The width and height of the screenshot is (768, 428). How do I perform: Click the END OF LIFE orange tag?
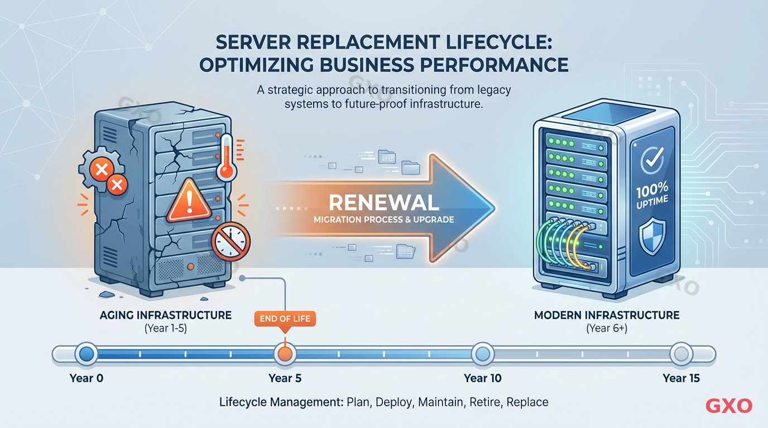[x=285, y=319]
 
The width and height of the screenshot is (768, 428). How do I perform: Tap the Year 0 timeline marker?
[x=86, y=354]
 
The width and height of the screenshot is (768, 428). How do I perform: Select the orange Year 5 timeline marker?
[x=285, y=354]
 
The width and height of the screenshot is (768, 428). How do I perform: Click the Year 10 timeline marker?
[x=482, y=354]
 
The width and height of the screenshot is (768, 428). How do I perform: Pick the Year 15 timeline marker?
[x=681, y=354]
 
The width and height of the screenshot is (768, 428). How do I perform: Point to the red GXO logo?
[x=728, y=406]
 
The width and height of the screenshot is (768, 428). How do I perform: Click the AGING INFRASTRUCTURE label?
[x=165, y=315]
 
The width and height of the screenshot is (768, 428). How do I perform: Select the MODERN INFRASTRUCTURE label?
[x=607, y=315]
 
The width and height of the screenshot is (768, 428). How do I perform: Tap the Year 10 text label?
[x=482, y=378]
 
